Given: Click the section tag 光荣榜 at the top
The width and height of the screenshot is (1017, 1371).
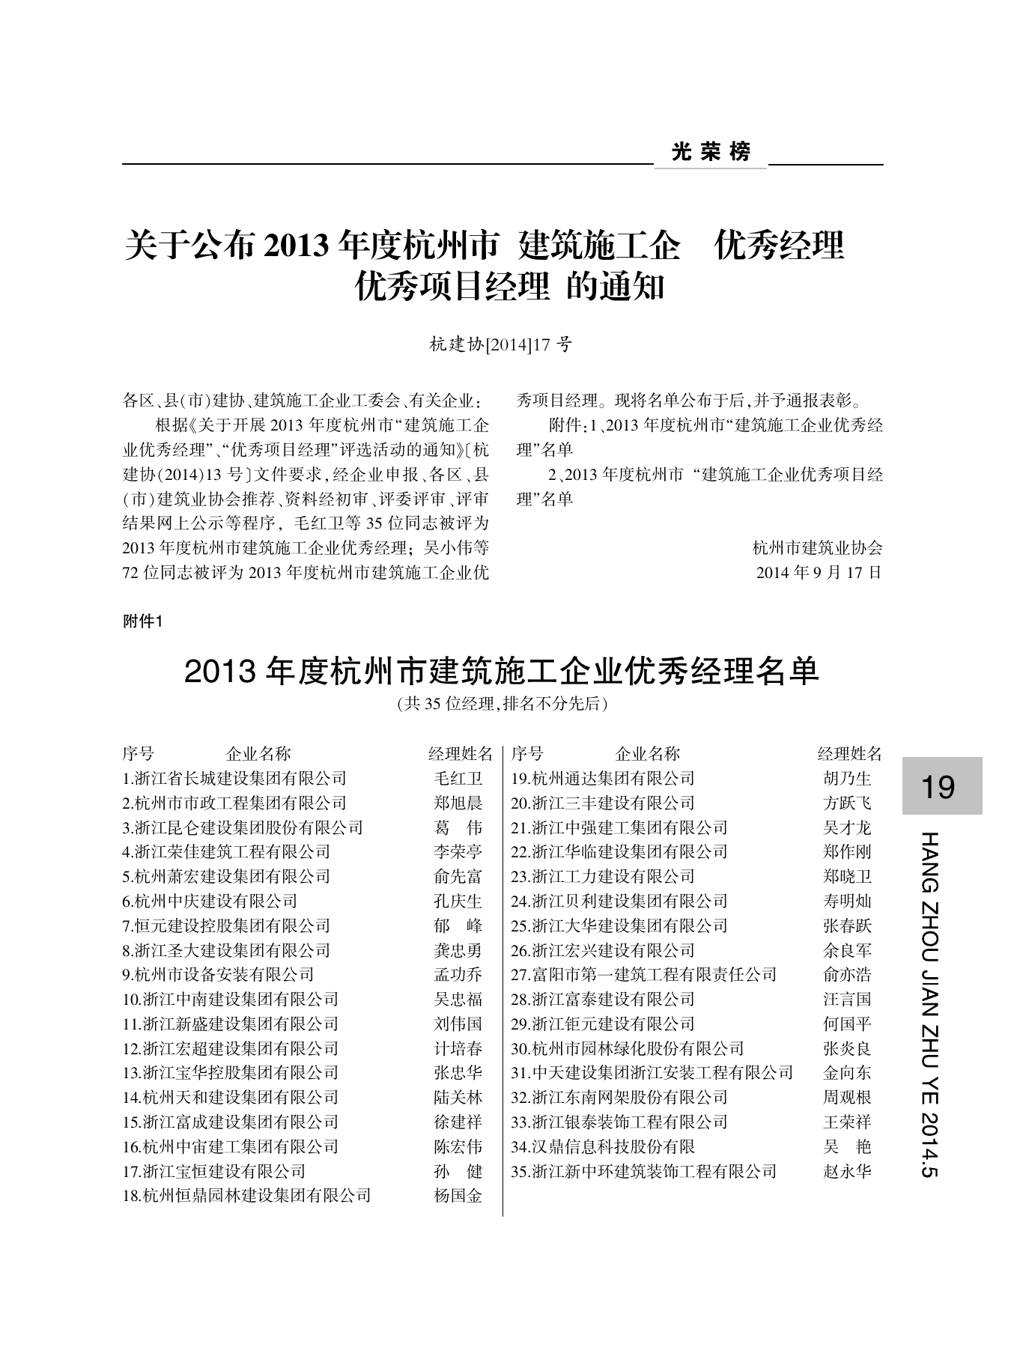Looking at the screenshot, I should [711, 153].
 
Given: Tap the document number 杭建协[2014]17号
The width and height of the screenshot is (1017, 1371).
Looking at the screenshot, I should [501, 344].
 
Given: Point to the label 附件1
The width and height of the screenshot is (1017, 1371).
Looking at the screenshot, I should [142, 622].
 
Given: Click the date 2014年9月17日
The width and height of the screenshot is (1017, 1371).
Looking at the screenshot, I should [819, 573].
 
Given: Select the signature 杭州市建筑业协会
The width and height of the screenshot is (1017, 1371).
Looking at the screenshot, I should [818, 548].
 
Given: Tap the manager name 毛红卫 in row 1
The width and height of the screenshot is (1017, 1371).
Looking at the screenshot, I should [458, 779].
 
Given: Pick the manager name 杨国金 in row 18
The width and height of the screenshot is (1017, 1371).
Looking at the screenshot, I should [458, 1196].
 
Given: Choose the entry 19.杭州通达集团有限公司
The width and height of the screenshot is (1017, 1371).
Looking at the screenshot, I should [603, 779].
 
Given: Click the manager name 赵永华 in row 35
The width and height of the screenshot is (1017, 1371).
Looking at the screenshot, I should [847, 1172].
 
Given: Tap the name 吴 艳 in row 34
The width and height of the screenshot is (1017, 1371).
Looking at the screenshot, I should [847, 1147].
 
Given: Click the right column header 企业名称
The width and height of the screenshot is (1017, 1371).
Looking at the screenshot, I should [648, 754].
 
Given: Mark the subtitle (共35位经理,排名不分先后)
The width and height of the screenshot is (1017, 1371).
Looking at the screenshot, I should [502, 704].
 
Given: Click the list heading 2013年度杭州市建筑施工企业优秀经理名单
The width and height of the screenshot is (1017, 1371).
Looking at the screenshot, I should [502, 672].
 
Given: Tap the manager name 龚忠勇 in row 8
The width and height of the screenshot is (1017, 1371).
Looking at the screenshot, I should [458, 951].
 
